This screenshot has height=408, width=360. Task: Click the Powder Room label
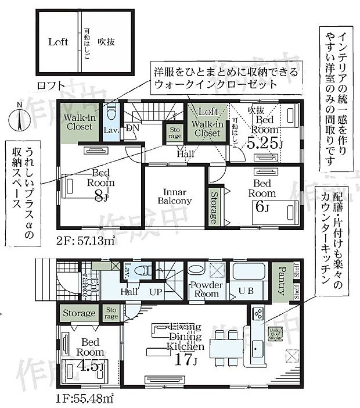[x=206, y=289]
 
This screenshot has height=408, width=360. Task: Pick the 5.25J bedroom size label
[x=264, y=143]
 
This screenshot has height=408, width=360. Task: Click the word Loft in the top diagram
[x=58, y=42]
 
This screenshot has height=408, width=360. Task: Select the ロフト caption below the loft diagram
[x=51, y=85]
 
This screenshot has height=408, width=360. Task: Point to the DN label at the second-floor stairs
[x=132, y=128]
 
